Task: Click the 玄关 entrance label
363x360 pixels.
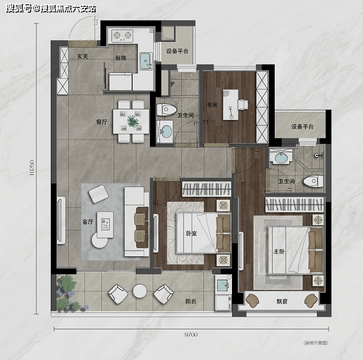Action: click(x=82, y=56)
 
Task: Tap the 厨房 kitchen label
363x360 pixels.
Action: click(x=120, y=58)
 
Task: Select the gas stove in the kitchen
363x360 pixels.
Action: click(x=122, y=35)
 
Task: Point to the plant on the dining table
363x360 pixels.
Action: click(x=133, y=121)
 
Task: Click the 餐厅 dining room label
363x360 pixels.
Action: click(x=101, y=122)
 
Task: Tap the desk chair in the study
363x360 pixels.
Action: click(x=243, y=105)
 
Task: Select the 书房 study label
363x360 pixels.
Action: click(x=212, y=105)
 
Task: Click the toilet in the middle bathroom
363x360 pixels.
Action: click(x=166, y=110)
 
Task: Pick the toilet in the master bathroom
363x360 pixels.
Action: click(x=313, y=181)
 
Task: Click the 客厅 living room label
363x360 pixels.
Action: click(x=88, y=222)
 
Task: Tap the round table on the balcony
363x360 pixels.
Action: click(x=140, y=291)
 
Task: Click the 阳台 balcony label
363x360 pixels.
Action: click(x=191, y=301)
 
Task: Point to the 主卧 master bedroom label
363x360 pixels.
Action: click(x=279, y=251)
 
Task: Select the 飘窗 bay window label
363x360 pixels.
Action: click(x=282, y=301)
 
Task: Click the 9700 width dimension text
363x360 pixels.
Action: click(x=191, y=335)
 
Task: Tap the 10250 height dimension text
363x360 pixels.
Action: click(x=32, y=168)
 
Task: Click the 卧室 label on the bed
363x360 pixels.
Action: click(x=191, y=233)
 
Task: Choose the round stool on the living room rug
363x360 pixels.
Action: click(x=100, y=240)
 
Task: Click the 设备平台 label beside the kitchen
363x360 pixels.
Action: click(x=178, y=51)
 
